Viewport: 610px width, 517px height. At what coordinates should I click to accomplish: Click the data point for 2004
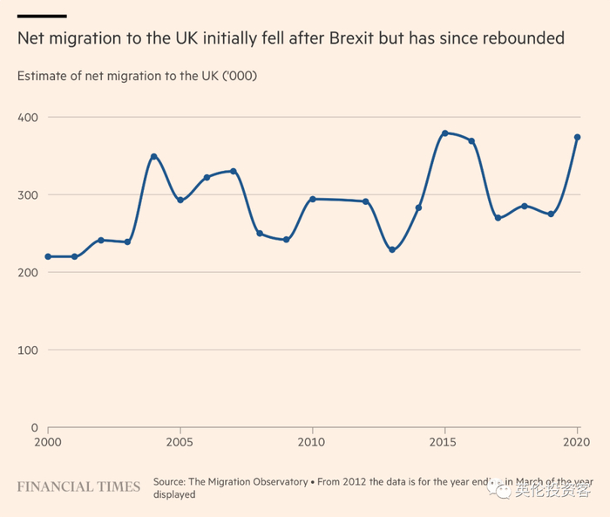(x=154, y=157)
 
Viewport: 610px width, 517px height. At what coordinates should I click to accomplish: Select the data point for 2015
(x=445, y=133)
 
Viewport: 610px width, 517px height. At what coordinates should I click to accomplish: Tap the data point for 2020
(x=577, y=137)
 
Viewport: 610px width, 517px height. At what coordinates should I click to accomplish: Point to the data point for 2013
(x=392, y=249)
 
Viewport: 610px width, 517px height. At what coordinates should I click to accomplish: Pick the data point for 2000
(x=48, y=256)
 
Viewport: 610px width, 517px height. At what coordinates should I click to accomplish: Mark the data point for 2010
(x=313, y=199)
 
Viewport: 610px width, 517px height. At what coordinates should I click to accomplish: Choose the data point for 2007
(x=234, y=172)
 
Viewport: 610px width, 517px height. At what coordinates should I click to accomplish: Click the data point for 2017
(x=498, y=218)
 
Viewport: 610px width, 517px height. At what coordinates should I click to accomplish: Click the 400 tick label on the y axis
(x=28, y=117)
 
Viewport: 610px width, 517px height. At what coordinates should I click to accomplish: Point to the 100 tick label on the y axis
(x=28, y=350)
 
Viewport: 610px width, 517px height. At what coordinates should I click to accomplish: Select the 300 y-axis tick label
(x=28, y=194)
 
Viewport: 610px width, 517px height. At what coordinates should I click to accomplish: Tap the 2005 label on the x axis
(x=180, y=443)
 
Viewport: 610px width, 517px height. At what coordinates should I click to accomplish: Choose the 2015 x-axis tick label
(x=445, y=443)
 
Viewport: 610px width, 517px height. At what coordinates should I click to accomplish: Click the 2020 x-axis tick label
(x=575, y=443)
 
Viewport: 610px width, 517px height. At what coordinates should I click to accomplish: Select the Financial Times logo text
(x=78, y=486)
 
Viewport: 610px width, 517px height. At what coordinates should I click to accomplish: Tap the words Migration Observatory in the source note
(x=253, y=482)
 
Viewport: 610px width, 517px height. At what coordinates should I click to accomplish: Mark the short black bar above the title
(x=42, y=16)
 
